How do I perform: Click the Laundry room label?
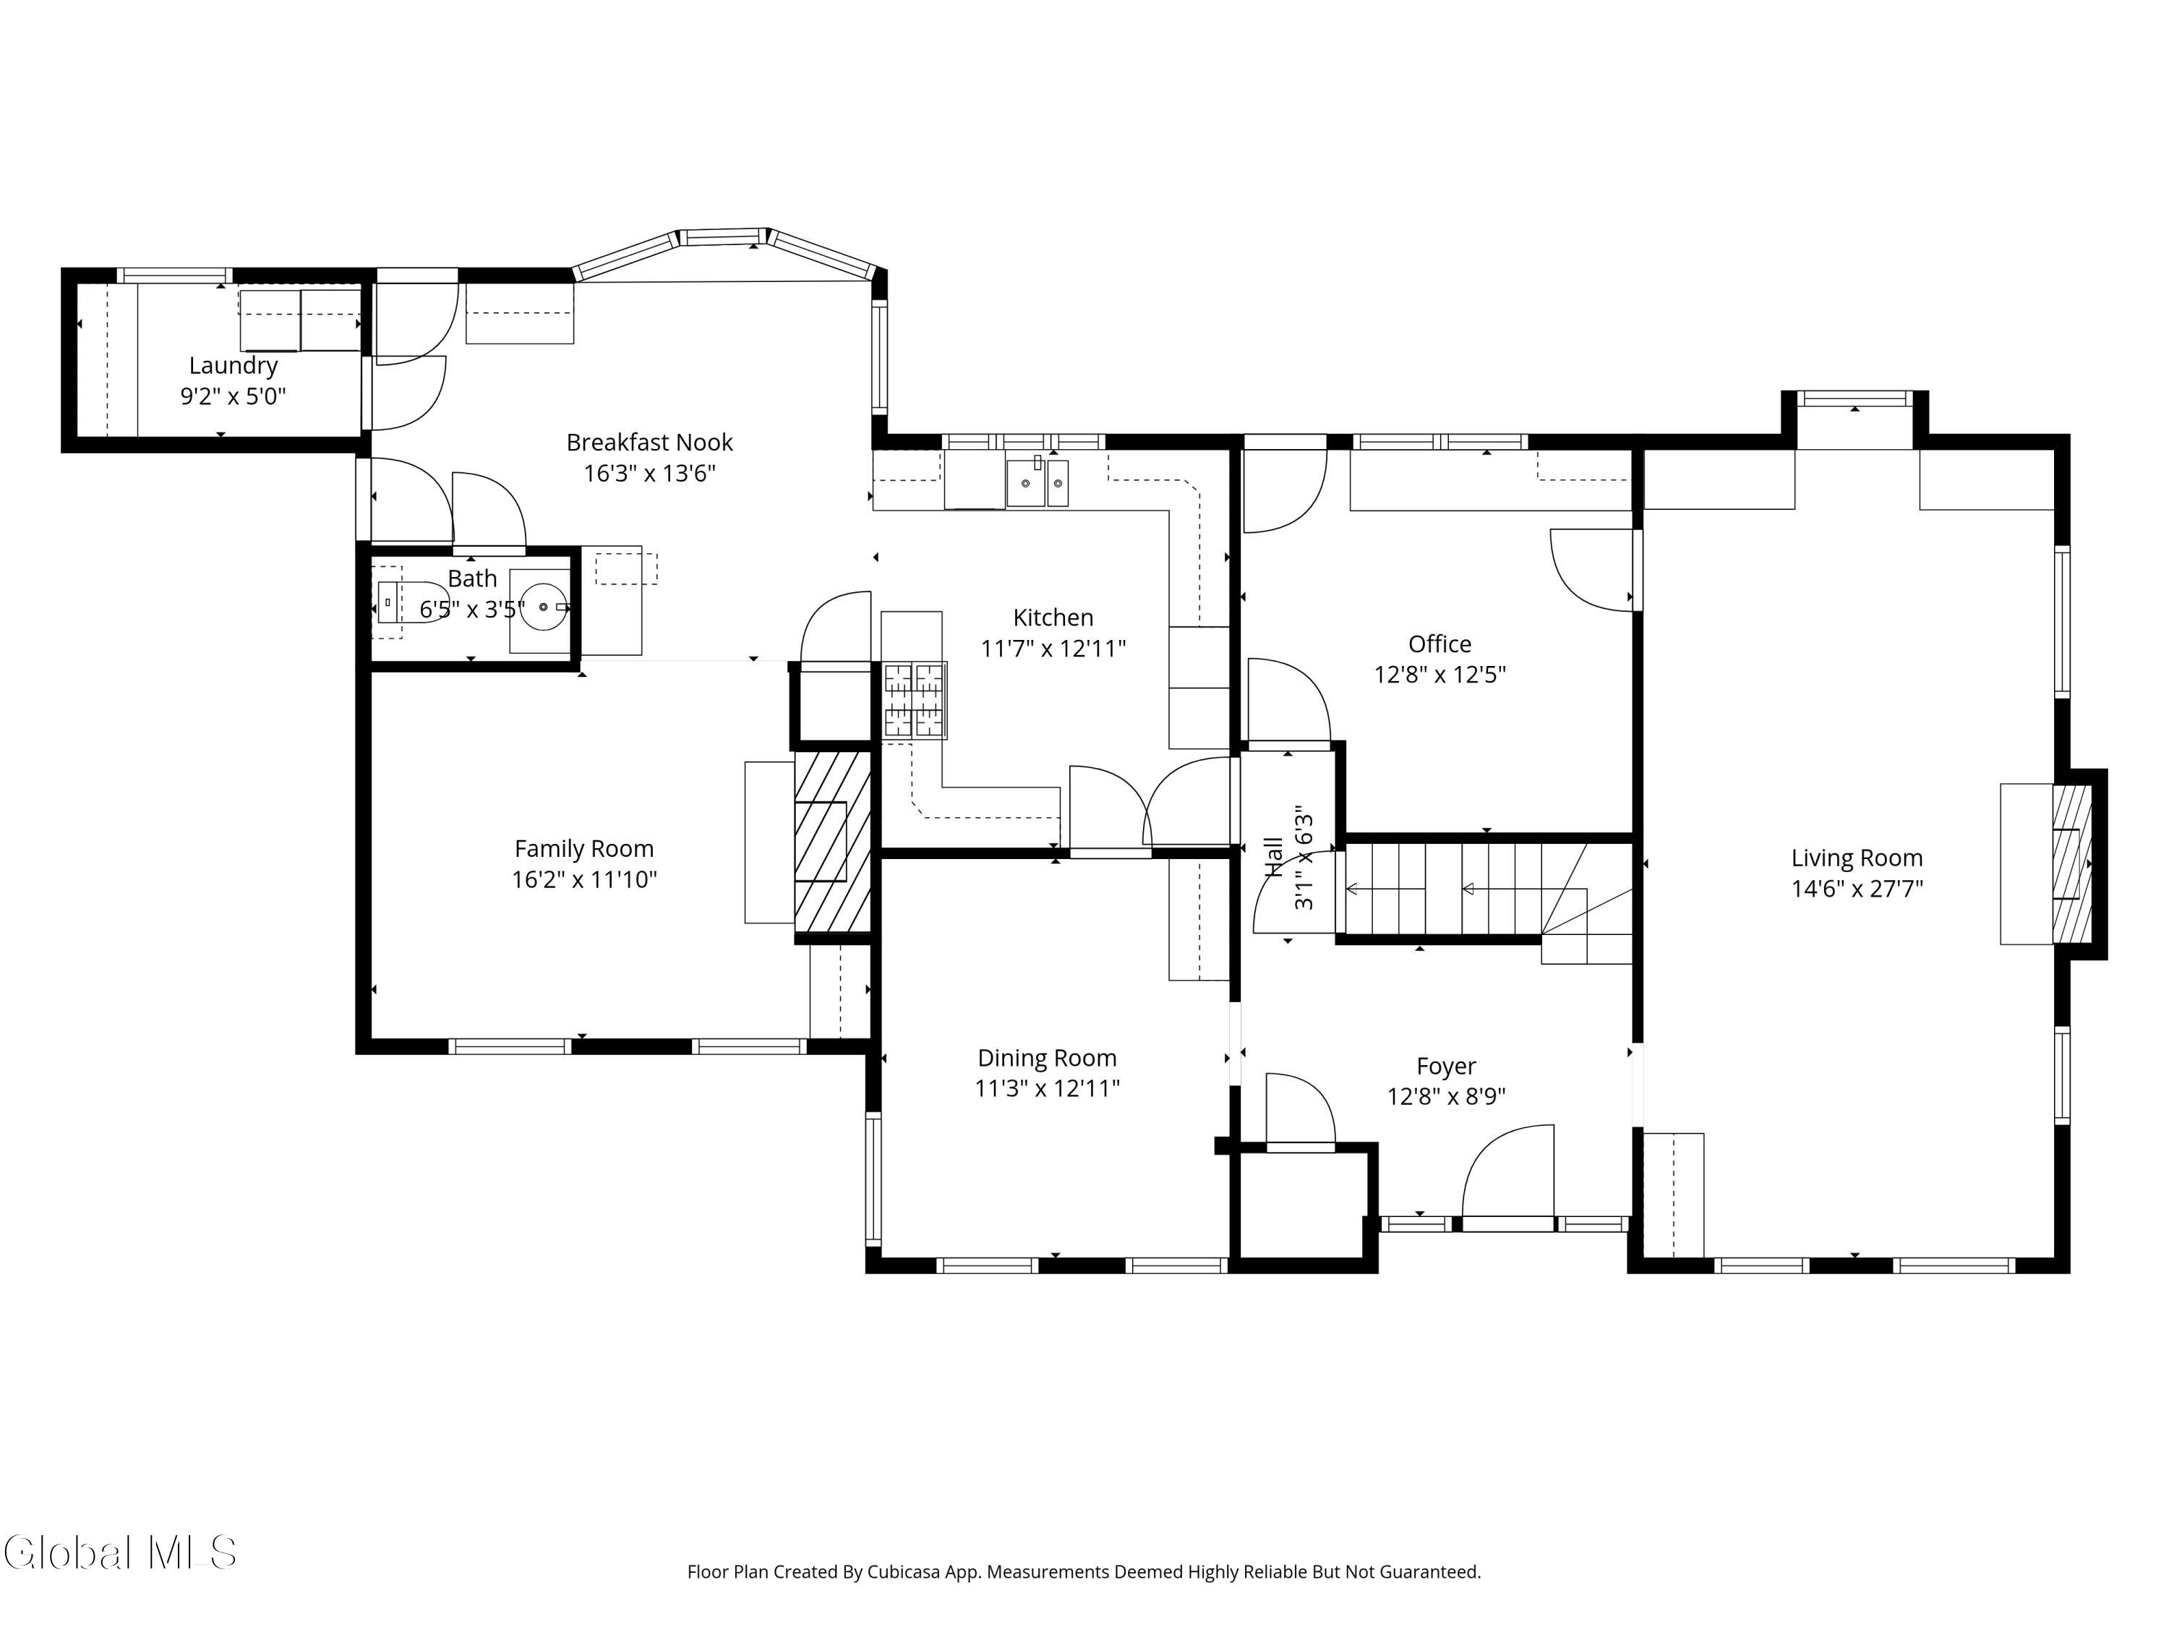point(234,366)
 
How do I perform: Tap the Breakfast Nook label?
point(649,443)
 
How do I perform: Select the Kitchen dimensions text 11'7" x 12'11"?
point(1053,648)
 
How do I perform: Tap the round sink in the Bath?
point(543,607)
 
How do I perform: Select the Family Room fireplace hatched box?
point(832,842)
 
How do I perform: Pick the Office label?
point(1439,644)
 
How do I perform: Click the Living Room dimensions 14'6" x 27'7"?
point(1857,889)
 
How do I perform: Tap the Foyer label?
point(1446,1066)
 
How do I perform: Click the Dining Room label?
point(1047,1058)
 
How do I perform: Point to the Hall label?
point(1274,857)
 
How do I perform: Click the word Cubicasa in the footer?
point(904,1572)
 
